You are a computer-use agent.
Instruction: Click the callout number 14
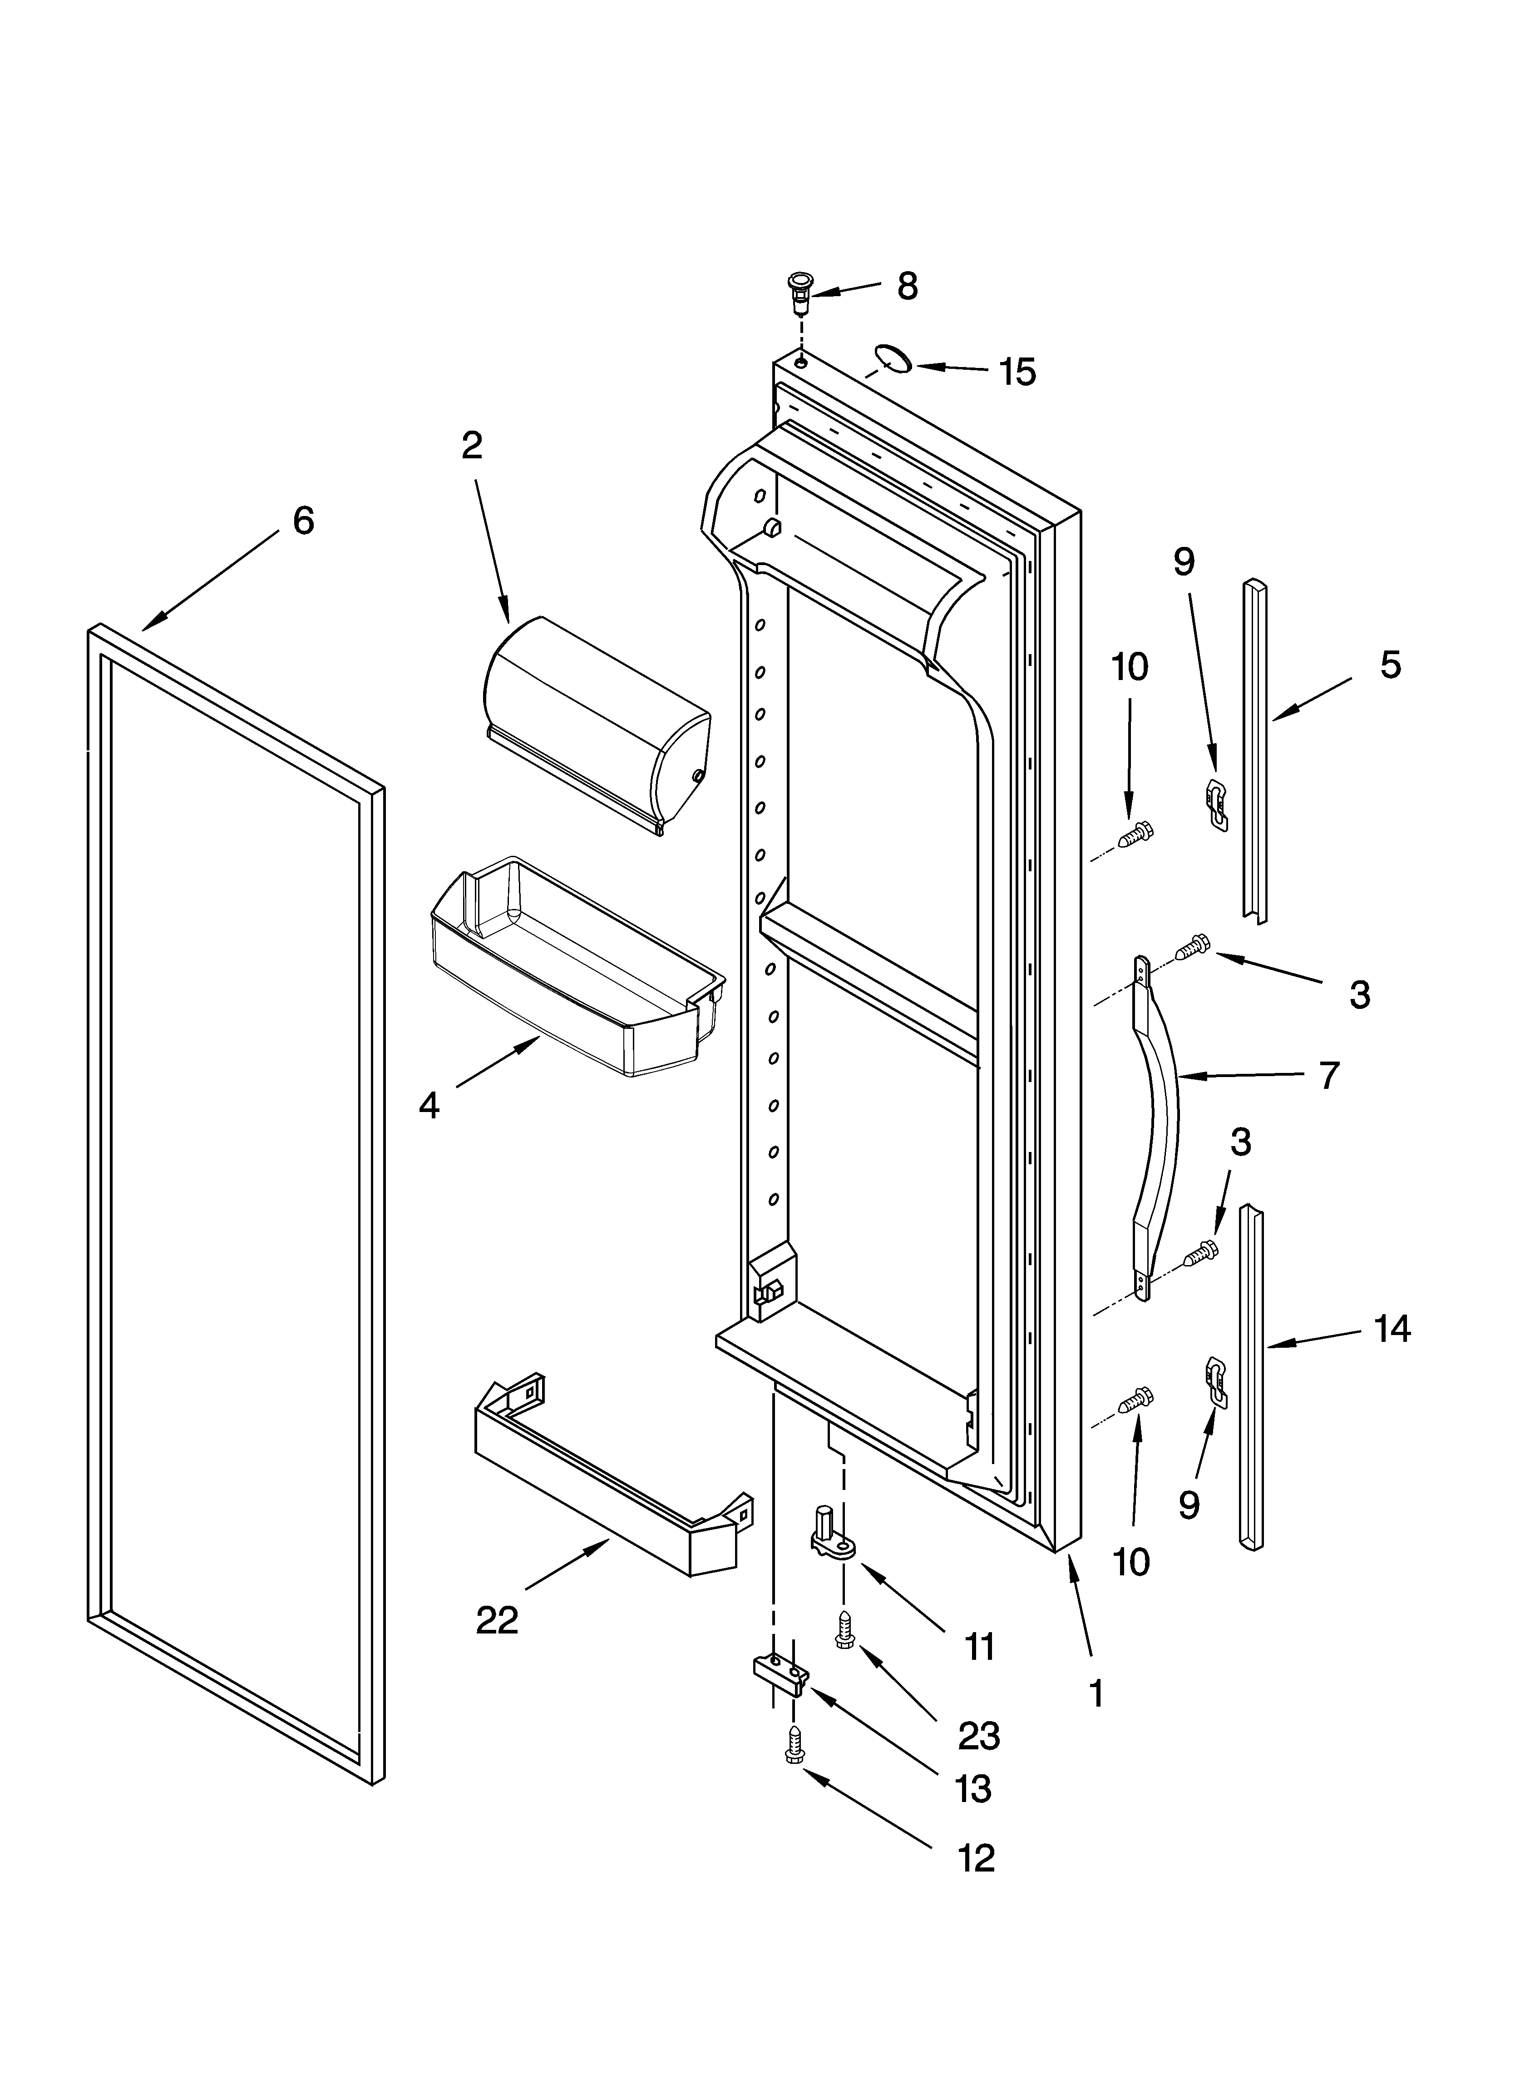point(1392,1330)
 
